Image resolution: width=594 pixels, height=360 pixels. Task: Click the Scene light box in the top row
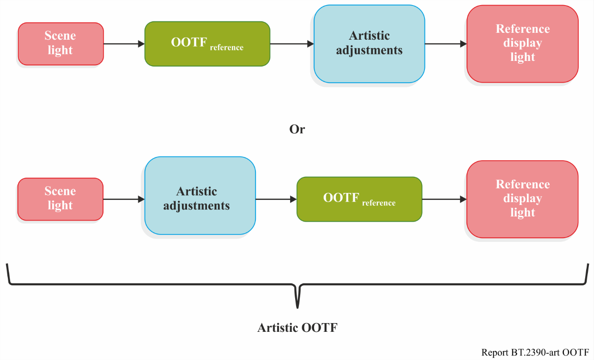point(61,44)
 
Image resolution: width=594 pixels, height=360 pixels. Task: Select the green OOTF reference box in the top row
point(207,44)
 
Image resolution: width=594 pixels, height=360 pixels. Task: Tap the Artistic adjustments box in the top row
point(370,44)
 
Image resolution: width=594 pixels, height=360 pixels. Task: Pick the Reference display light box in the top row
point(522,44)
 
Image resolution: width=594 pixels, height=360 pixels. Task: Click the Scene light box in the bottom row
point(61,199)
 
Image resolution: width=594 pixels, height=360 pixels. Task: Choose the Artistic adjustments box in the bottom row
point(200,196)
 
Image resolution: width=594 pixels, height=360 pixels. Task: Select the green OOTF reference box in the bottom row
point(359,199)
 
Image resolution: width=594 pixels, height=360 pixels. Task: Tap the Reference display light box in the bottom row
point(522,199)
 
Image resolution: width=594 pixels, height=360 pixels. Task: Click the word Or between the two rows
point(297,129)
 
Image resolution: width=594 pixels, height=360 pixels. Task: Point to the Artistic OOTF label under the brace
point(297,328)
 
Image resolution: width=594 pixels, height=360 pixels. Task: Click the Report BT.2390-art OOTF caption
point(535,353)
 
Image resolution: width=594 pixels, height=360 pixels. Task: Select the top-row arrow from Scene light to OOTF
point(124,44)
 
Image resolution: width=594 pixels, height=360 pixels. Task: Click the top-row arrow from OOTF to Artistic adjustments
point(292,44)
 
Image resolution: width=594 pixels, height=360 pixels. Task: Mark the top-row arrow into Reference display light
point(446,44)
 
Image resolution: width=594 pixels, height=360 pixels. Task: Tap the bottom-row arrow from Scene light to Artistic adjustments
point(124,199)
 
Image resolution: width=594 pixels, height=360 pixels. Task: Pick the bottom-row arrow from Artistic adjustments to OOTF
point(276,199)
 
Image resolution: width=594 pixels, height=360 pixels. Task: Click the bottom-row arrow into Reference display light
point(444,199)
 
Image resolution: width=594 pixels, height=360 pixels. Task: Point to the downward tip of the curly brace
point(297,308)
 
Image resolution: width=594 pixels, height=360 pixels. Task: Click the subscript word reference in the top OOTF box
point(227,48)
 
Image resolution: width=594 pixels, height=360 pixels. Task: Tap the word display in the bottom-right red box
point(522,198)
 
